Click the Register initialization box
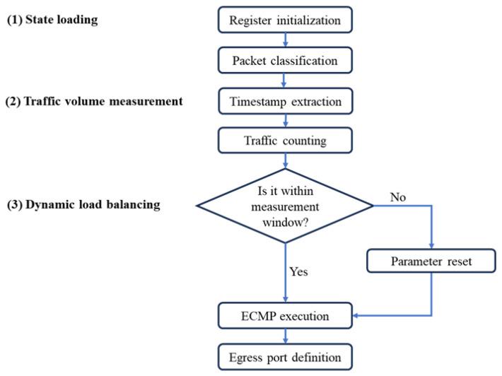pos(285,20)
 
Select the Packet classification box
pos(285,61)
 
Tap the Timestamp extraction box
pos(285,101)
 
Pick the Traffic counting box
pos(285,141)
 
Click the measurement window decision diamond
pos(285,206)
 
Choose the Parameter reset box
pos(431,261)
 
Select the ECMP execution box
pos(285,316)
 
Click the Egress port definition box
pos(285,356)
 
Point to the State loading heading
pos(52,20)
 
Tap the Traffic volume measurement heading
pos(95,101)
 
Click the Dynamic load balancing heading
pos(83,206)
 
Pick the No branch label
pos(398,198)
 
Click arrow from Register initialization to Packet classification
pos(285,41)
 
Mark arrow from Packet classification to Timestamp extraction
pos(285,81)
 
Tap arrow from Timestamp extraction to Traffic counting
pos(285,121)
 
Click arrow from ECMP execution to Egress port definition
pos(285,336)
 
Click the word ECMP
pos(258,316)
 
